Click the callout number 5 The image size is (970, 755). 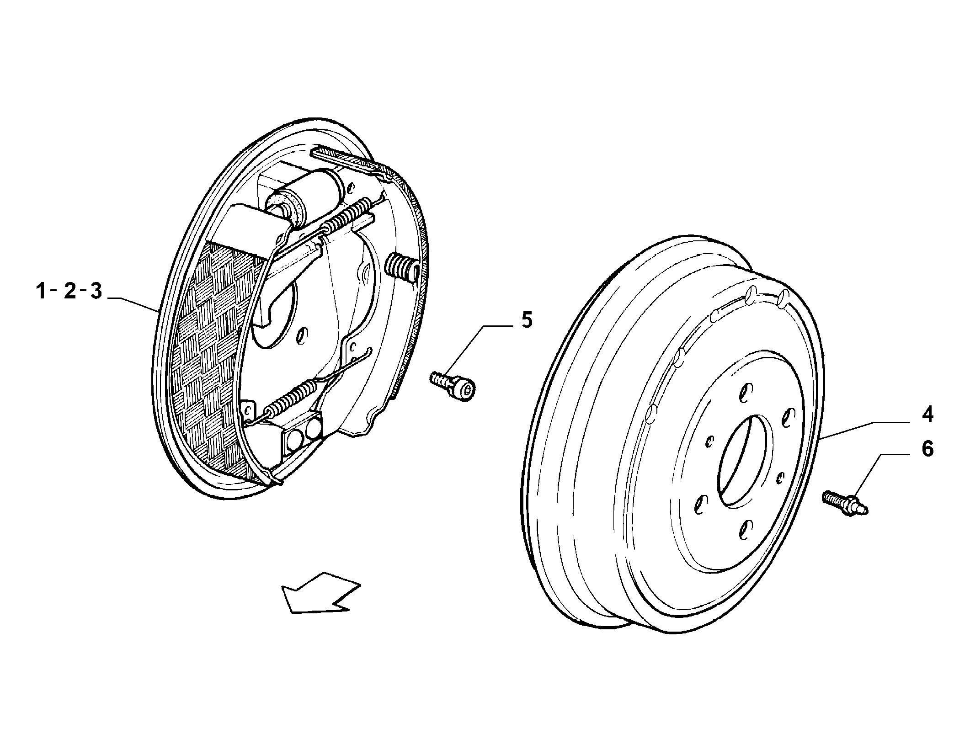527,321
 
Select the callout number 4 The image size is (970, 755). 927,414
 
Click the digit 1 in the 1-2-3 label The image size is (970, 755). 42,291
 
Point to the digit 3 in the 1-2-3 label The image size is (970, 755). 96,291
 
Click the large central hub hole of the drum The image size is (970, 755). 746,461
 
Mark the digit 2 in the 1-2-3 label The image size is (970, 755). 69,291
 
